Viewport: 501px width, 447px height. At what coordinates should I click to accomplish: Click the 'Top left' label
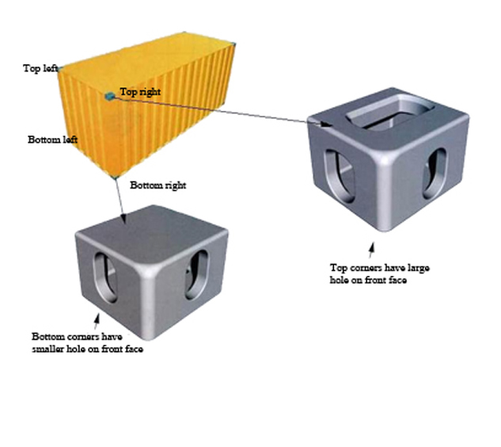[x=40, y=68]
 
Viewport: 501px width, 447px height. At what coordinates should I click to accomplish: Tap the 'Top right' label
[x=140, y=92]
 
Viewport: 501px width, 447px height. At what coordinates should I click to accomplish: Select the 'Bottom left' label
[x=53, y=139]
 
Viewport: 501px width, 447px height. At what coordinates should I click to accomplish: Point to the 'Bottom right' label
[x=158, y=185]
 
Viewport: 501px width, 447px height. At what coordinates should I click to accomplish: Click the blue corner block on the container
[x=110, y=96]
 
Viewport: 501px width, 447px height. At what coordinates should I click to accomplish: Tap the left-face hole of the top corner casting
[x=340, y=176]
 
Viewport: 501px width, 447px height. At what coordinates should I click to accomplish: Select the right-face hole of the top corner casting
[x=435, y=173]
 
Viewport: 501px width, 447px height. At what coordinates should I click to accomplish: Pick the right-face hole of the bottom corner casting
[x=196, y=275]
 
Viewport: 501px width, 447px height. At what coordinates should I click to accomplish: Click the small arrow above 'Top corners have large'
[x=371, y=250]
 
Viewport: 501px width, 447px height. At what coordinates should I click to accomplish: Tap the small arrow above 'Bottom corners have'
[x=97, y=321]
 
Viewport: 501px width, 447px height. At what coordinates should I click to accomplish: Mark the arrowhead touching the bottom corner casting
[x=124, y=218]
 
